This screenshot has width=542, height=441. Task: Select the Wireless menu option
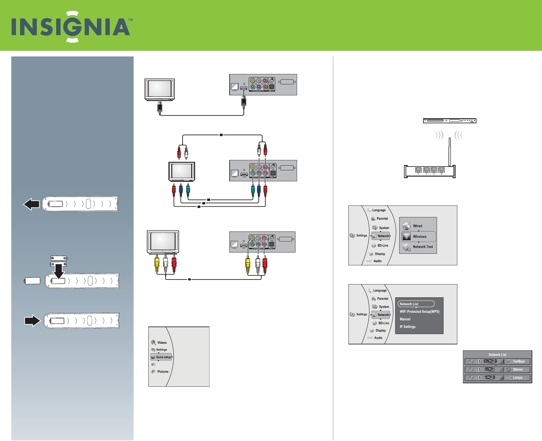pos(419,236)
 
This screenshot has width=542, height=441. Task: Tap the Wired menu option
pos(417,226)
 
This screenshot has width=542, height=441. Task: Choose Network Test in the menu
pos(422,247)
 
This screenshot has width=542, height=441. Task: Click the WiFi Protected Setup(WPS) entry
pos(419,311)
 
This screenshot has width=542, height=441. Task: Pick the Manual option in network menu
pos(405,319)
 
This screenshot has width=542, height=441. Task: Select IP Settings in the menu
pos(407,327)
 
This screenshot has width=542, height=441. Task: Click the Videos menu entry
pos(162,343)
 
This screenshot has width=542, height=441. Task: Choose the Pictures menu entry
pos(162,371)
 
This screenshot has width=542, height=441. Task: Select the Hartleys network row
pos(497,361)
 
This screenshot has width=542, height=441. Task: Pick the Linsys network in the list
pos(497,378)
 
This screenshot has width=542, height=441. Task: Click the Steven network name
pos(518,369)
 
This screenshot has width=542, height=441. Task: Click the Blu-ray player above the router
pos(449,121)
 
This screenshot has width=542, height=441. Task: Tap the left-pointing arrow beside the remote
pos(31,204)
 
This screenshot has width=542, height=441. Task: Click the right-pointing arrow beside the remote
pos(32,321)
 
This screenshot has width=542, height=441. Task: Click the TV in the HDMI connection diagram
pos(160,89)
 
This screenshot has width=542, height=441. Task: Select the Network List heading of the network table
pos(497,355)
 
